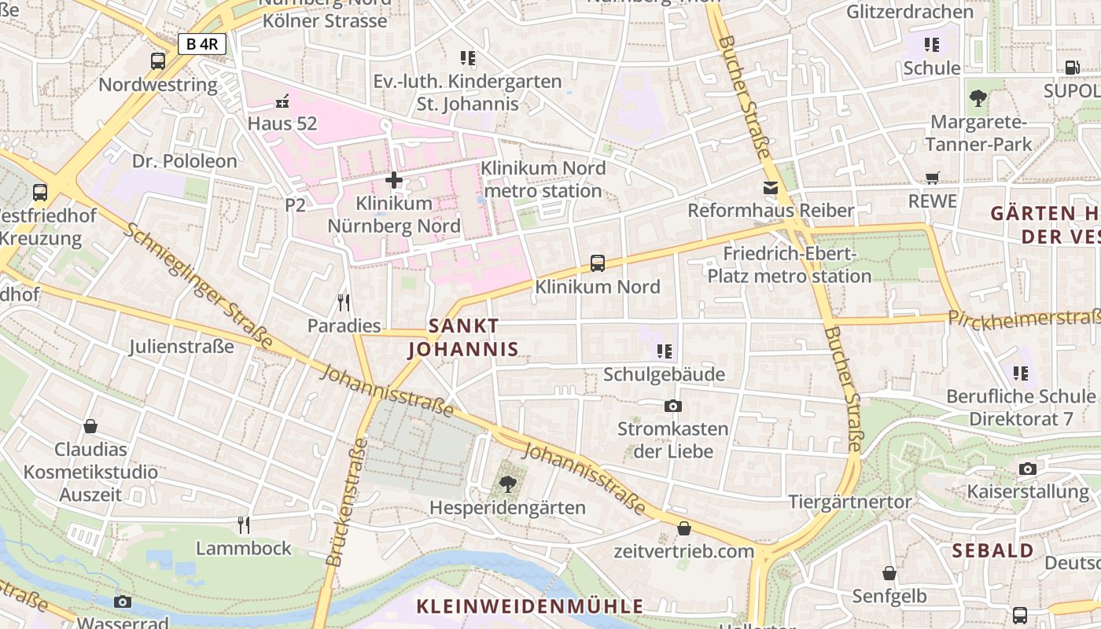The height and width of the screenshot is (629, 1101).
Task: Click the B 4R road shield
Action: [202, 44]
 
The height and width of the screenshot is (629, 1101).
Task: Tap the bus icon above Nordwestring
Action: [158, 61]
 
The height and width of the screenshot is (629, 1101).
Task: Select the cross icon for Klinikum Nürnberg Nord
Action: [394, 181]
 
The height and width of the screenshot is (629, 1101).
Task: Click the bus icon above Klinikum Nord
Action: [598, 263]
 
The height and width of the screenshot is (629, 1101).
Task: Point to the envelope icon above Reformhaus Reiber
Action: [770, 188]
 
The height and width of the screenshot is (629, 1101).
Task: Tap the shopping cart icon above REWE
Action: [933, 178]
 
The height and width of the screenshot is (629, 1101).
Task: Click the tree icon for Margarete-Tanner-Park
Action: [978, 98]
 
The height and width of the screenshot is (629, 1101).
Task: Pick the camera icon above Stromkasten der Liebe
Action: [672, 406]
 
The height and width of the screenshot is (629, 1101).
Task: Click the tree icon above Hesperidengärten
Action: [507, 484]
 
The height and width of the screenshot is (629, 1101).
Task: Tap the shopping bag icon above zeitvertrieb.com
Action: [684, 528]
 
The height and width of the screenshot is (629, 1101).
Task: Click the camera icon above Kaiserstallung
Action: [1027, 469]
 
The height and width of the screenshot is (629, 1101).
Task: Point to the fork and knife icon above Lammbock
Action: [244, 524]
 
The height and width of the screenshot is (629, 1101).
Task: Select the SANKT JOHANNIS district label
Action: [463, 337]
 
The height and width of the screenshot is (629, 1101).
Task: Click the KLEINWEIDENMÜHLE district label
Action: [529, 606]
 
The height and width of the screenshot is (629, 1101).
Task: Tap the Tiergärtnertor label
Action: [850, 502]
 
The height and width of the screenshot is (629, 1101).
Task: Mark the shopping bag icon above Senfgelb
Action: [889, 573]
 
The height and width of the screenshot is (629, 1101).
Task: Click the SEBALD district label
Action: [992, 550]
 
